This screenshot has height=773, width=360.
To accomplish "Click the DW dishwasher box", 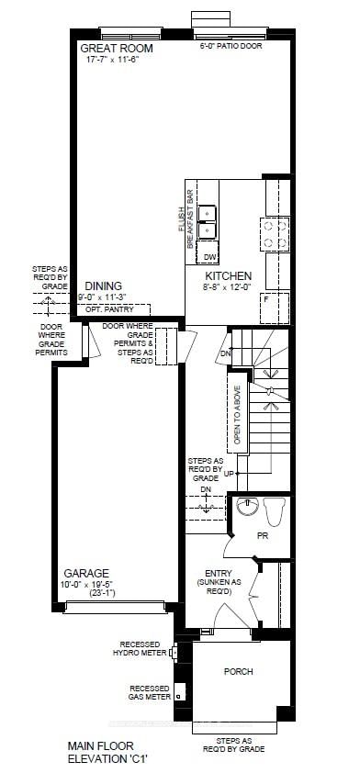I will click(x=209, y=256).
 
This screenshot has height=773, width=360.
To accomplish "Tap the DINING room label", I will click(x=104, y=286).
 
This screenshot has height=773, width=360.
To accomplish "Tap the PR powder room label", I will click(x=262, y=535).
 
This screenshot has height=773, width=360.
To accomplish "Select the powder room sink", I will click(x=246, y=506).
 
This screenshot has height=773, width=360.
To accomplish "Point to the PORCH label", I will click(x=239, y=671).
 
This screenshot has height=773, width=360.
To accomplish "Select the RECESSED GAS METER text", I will click(x=149, y=692).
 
